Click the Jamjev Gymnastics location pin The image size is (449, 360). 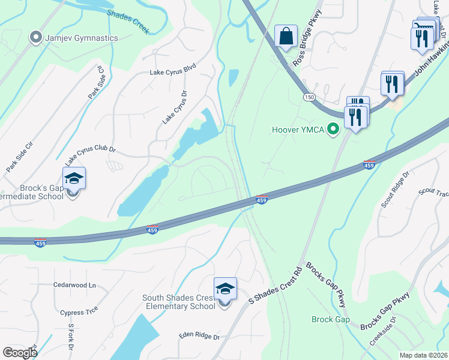click(x=35, y=38)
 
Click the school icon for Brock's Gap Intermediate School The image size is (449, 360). click(x=74, y=179)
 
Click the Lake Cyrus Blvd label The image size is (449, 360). click(x=173, y=71)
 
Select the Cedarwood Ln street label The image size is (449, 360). click(x=74, y=284)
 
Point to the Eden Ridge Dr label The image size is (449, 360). click(x=199, y=337)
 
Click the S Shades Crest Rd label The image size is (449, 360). click(x=274, y=287)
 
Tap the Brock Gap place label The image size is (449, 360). click(x=330, y=319)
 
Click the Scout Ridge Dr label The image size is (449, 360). click(x=395, y=190)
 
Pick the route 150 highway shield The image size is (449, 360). click(x=309, y=97)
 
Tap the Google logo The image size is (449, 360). click(x=20, y=353)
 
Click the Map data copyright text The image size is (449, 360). click(x=423, y=355)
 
